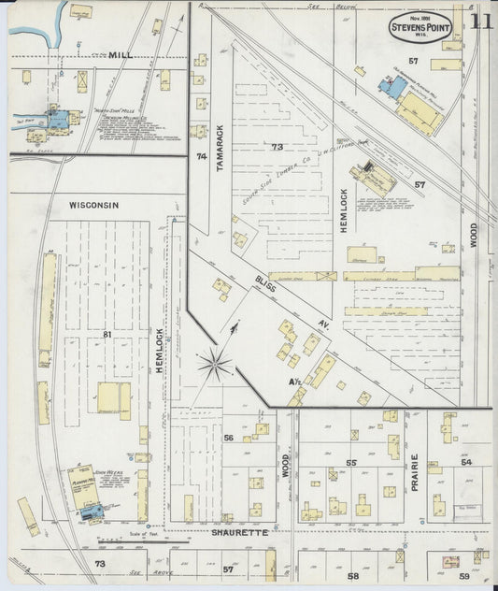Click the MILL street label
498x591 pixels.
[121, 56]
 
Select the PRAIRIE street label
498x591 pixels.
[414, 472]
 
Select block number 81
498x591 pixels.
[107, 334]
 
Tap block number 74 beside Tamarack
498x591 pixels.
[200, 157]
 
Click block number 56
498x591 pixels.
[227, 438]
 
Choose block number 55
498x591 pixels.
[352, 462]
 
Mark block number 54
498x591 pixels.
[466, 462]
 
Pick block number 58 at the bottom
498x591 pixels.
[352, 577]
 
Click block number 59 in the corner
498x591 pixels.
[463, 577]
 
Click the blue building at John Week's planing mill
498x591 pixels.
[91, 512]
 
